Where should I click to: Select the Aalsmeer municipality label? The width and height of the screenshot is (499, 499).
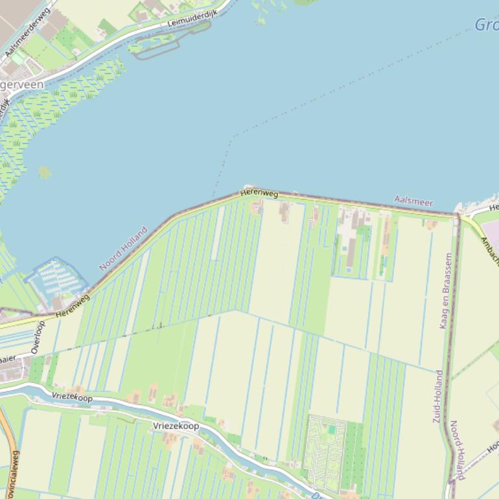pos(413,202)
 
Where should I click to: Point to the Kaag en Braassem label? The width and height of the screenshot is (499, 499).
pos(446,291)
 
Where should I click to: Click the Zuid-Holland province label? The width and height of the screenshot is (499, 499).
pos(438,397)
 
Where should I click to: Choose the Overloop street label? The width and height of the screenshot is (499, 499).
pos(38,337)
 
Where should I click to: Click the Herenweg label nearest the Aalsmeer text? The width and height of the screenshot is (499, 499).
pos(259,193)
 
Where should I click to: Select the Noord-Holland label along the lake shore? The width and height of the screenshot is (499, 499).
pos(123,248)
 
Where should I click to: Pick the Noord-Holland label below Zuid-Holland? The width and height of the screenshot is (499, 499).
pos(457,450)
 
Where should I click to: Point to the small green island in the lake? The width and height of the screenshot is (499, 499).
pos(45,172)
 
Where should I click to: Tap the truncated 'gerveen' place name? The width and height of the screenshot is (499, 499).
pos(22,85)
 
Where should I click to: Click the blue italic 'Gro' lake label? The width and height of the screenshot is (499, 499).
pos(486,25)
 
